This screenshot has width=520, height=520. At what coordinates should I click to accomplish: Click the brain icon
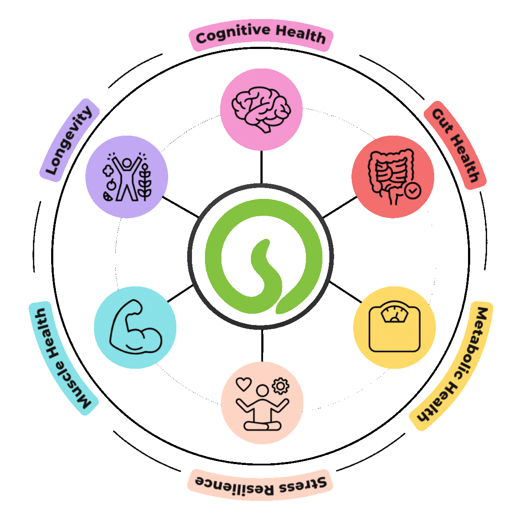[x=260, y=109]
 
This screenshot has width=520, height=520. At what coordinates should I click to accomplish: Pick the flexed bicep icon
[x=135, y=327]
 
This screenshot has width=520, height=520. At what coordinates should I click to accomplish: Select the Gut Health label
[x=455, y=145]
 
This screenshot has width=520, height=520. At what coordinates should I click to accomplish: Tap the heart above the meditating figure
[x=244, y=383]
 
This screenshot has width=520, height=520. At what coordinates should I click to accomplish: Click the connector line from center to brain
[x=261, y=167]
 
